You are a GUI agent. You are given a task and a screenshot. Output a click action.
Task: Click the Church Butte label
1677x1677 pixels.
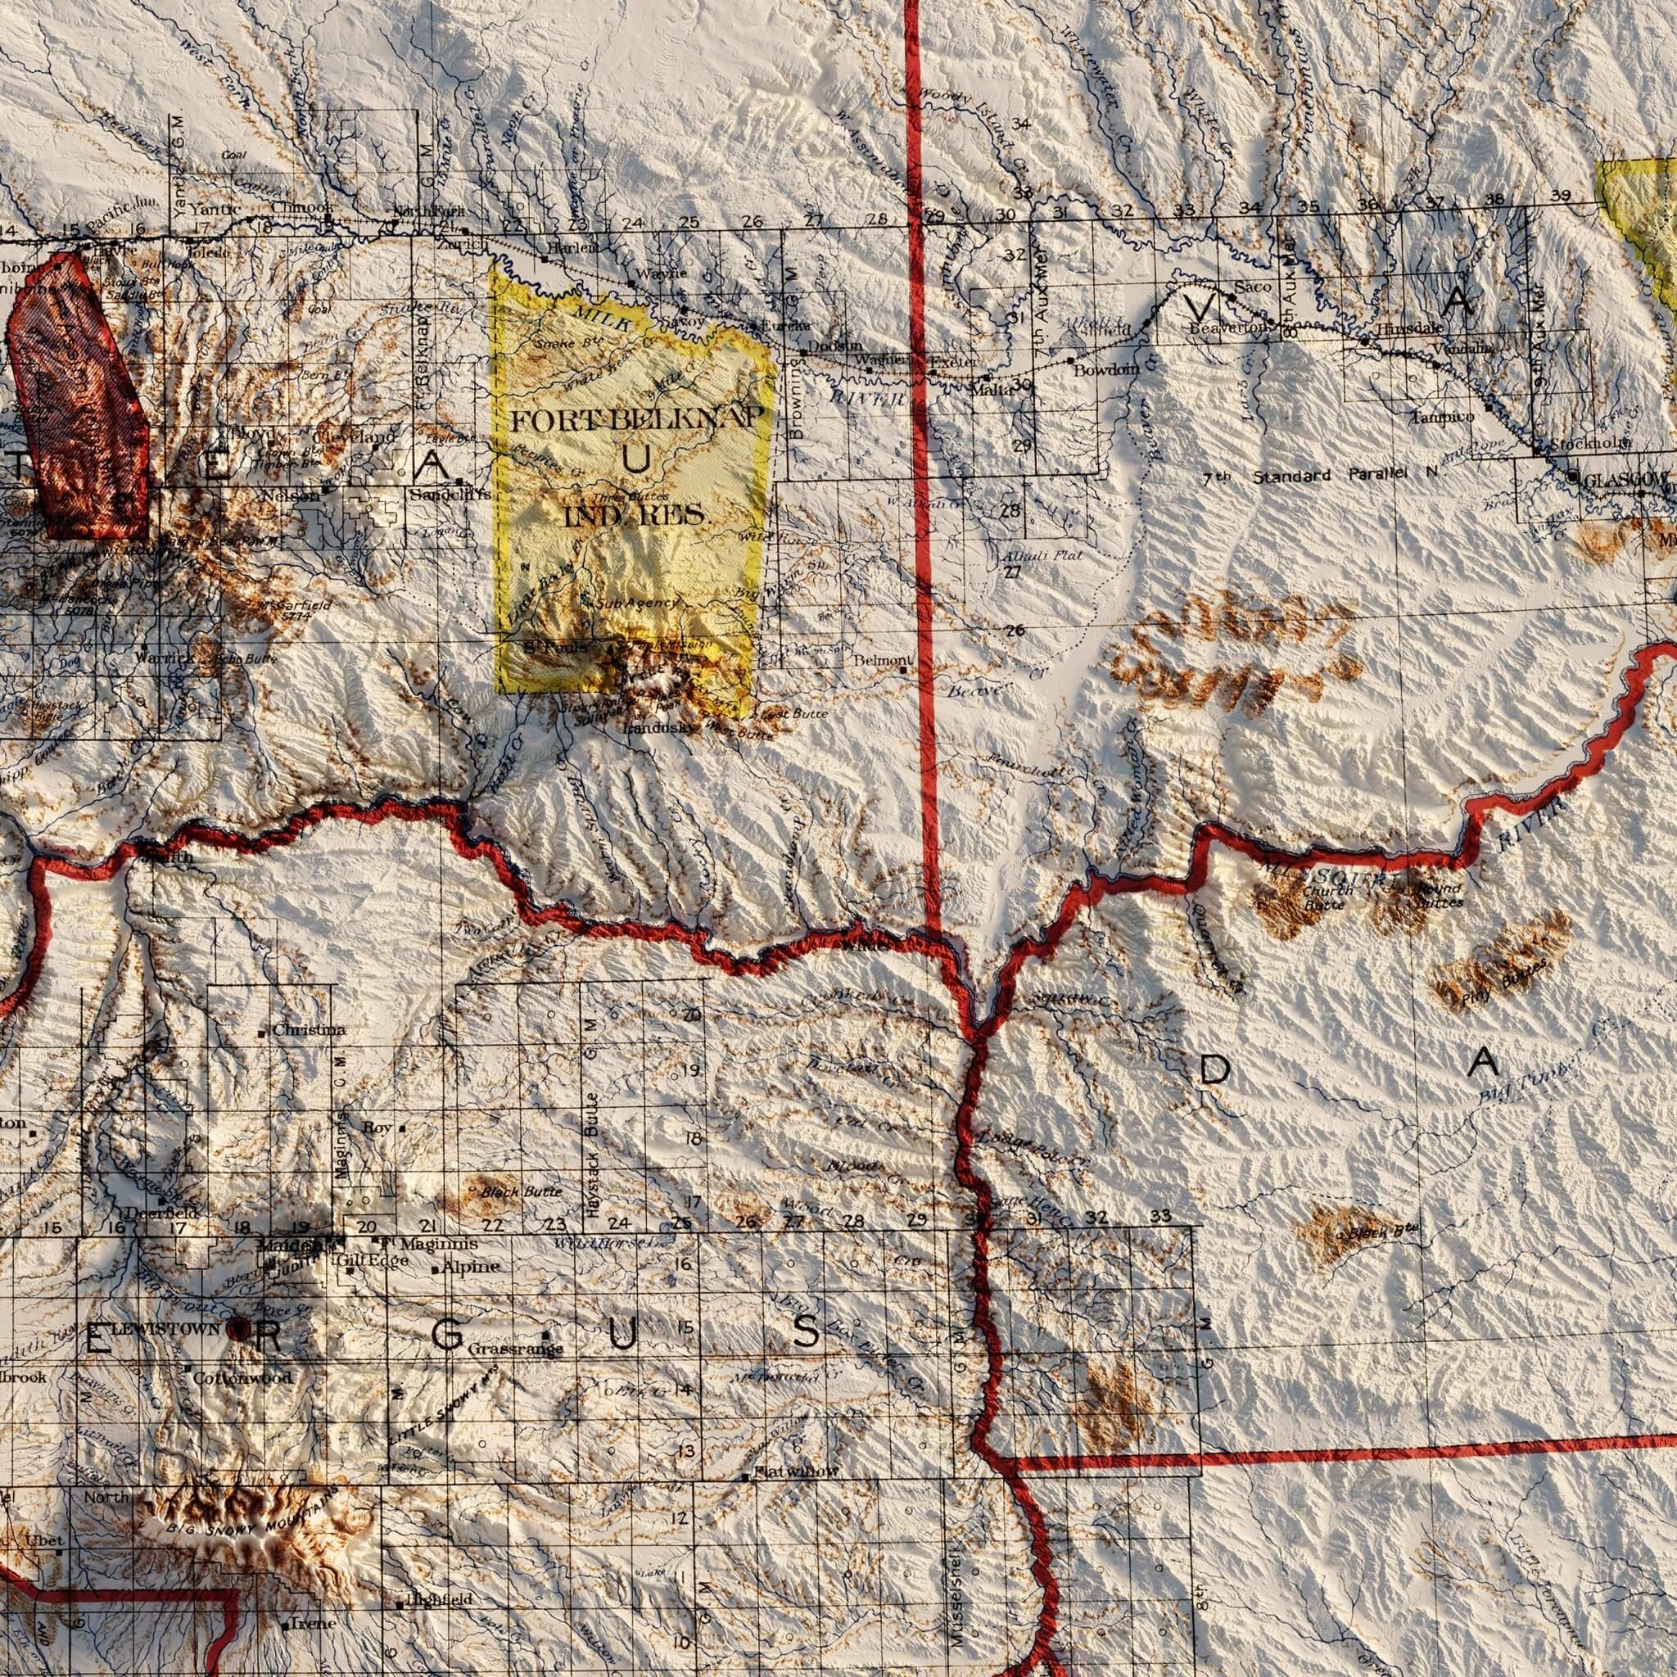1327,897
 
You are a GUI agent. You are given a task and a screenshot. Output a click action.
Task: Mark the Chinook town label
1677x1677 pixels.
301,208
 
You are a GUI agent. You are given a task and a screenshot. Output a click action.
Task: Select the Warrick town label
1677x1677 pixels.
165,658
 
